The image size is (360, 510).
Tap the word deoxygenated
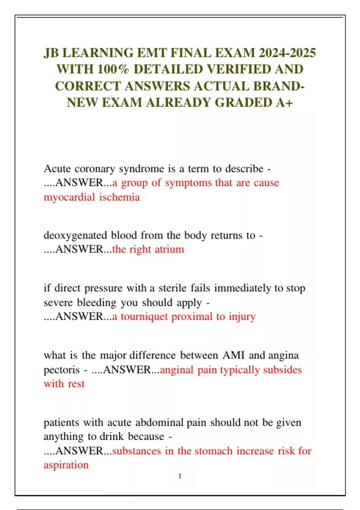pos(75,235)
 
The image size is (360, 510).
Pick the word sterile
pos(172,288)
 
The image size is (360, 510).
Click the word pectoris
pos(61,370)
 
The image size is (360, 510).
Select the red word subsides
pos(282,370)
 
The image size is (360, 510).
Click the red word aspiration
pos(66,465)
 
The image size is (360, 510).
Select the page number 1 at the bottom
pos(180,476)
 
